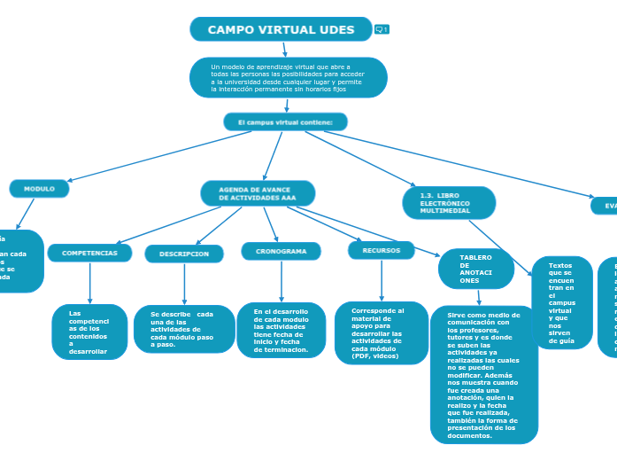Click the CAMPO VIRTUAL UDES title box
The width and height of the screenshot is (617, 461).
click(281, 29)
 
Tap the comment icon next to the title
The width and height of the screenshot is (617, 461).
click(382, 29)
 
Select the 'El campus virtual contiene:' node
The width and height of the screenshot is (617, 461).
click(285, 121)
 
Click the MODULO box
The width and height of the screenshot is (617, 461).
click(39, 189)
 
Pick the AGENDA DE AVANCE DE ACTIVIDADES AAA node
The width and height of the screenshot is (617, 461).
click(258, 193)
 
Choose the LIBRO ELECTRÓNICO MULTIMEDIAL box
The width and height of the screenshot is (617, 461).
click(448, 202)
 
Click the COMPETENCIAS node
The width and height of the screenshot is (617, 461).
click(89, 253)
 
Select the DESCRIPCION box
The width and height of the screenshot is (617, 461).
click(184, 254)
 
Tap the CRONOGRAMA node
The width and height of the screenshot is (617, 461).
click(281, 252)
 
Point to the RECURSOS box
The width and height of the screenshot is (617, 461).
click(381, 251)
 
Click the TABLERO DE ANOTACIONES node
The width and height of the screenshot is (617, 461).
click(475, 269)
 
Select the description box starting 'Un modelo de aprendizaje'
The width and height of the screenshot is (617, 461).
click(288, 78)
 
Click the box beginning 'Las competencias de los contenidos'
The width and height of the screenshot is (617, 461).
click(89, 332)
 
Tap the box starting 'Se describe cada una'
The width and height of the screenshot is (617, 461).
click(183, 329)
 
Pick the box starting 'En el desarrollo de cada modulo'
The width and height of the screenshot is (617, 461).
click(281, 330)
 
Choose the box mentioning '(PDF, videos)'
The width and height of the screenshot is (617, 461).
click(382, 332)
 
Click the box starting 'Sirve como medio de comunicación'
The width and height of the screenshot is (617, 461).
click(483, 374)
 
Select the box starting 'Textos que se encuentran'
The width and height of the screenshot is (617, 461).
click(561, 302)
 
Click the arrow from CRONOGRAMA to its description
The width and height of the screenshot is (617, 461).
click(282, 282)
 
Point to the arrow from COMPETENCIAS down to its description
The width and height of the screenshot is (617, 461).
click(90, 284)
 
